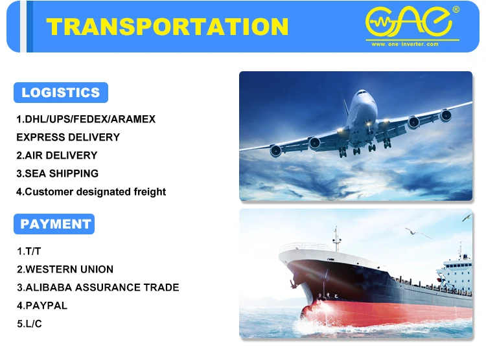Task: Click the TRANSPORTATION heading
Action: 167,27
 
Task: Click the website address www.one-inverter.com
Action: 405,44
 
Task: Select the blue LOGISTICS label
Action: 61,93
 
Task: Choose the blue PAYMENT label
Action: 54,223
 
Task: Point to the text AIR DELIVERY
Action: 61,155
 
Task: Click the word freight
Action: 150,192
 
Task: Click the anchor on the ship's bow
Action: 292,283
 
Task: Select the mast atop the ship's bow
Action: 336,238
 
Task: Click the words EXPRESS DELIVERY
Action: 68,137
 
